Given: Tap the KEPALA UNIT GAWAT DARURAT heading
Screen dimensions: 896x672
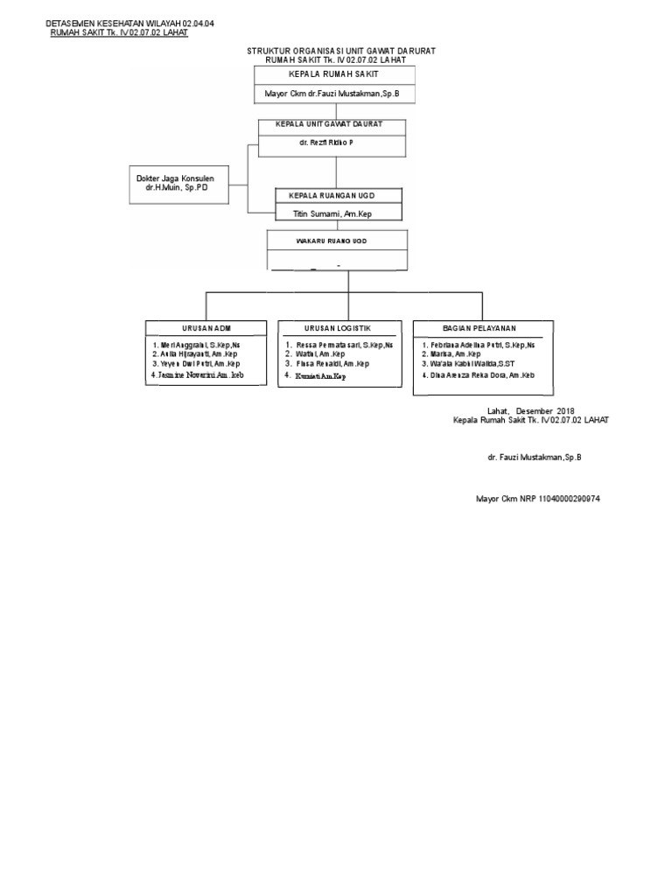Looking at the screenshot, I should point(332,125).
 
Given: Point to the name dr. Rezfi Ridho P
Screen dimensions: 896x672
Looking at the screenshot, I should point(321,142).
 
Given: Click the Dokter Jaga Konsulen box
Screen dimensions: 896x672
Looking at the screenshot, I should point(174,184).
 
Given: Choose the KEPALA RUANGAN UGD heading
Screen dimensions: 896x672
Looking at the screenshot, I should point(338,195).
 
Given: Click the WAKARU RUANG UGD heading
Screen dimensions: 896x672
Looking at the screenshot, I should point(337,239).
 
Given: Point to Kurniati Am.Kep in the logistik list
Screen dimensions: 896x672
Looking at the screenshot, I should point(320,375).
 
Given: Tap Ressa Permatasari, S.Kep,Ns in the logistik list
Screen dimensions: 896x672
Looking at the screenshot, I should point(345,345).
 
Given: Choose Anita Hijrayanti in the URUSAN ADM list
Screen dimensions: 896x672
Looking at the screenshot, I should point(199,354).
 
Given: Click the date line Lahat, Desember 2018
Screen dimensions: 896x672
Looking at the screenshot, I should point(531,410).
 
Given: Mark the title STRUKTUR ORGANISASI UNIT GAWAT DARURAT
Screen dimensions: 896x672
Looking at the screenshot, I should point(341,51).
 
